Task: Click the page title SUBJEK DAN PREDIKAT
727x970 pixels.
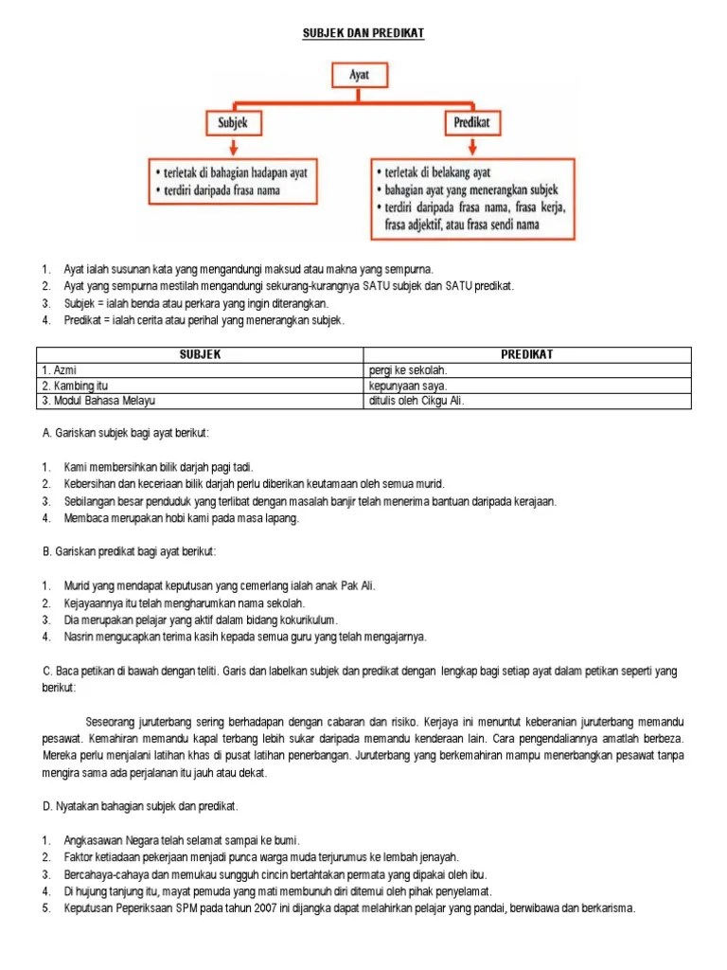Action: pos(363,34)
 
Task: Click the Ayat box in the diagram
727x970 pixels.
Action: pos(360,72)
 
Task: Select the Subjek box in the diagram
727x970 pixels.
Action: pos(233,122)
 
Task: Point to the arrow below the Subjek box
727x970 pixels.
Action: pos(233,148)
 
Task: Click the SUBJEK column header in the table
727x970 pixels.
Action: pos(200,354)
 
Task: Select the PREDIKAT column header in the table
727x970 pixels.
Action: pos(527,354)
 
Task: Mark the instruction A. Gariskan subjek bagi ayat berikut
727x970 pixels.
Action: pos(125,433)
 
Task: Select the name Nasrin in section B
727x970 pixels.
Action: pos(81,637)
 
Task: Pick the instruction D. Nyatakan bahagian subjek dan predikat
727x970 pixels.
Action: pos(140,806)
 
